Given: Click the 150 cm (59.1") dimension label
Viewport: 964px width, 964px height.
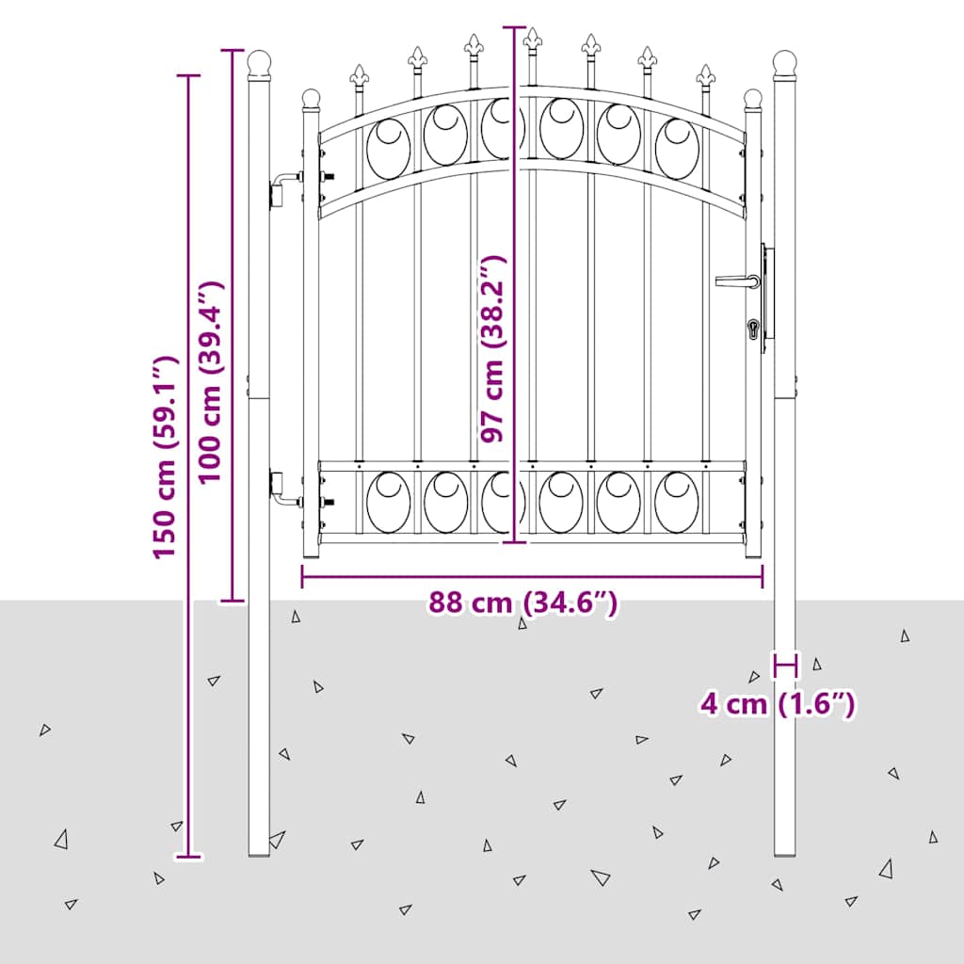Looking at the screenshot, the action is [x=166, y=457].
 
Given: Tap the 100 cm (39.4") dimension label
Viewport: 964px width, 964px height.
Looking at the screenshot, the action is [x=210, y=381].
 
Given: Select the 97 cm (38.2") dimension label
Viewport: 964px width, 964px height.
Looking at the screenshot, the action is [x=492, y=348].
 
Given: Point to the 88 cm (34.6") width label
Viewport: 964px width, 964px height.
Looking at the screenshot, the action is [x=522, y=603].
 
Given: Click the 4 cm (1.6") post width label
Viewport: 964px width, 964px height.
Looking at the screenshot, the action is [x=778, y=703].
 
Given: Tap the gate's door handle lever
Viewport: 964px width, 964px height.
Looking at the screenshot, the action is [x=737, y=281].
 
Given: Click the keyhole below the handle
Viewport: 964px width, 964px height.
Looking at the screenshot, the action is [x=753, y=329].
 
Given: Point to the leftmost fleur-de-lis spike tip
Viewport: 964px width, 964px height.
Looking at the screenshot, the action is [x=359, y=66].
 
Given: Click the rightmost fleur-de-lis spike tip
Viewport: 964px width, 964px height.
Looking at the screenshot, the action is [x=705, y=66].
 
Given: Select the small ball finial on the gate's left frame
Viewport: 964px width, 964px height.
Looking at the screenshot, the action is [x=311, y=98].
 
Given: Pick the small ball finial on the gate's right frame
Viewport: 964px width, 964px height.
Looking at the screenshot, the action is [x=752, y=98].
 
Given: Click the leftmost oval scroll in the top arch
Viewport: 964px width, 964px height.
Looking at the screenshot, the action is [x=389, y=149].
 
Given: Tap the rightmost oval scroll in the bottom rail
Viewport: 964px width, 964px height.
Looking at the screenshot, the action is [x=677, y=502].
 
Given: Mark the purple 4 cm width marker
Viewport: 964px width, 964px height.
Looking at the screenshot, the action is [x=785, y=665].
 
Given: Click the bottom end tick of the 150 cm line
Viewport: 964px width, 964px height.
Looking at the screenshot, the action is [x=188, y=856].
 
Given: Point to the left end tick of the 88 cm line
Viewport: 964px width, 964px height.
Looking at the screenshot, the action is [x=302, y=577].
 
